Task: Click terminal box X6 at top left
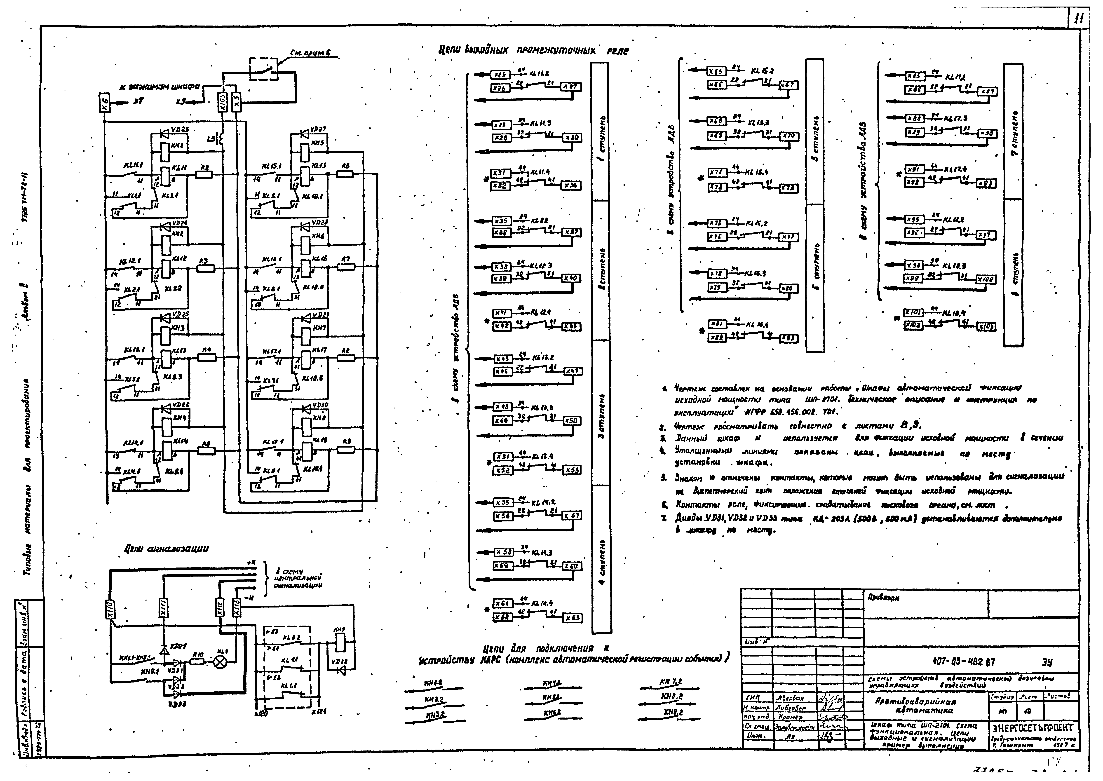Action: coord(105,102)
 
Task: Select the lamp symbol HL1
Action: coord(220,662)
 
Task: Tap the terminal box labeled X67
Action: coord(789,85)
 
